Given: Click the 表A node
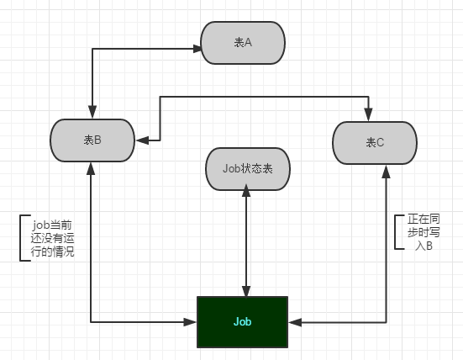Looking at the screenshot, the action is pos(243,43).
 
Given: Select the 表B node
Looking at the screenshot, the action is pos(92,140).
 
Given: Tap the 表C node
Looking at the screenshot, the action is pos(375,143).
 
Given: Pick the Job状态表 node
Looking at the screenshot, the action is pos(248,169).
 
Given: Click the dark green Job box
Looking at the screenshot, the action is pos(243,322).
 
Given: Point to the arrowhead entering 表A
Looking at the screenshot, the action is pos(197,49).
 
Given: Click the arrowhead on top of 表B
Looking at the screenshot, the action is pos(92,112).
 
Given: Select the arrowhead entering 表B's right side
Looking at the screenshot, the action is pos(142,140).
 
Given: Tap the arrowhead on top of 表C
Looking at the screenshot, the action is pos(368,114).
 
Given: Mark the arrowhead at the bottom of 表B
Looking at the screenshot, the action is pos(91,168).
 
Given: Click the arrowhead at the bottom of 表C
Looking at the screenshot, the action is pos(386,172).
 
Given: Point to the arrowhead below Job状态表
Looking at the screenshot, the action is pos(246,190).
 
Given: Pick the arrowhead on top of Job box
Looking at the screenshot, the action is pos(246,291).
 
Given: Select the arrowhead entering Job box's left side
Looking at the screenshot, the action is pos(190,322).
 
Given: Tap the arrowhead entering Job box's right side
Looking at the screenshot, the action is pos(295,322).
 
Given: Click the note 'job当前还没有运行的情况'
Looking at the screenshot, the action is pos(52,238).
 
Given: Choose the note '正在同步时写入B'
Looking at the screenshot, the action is pos(424,232).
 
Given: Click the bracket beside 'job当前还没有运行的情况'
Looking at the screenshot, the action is pos(20,238).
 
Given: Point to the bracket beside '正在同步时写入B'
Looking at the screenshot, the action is pos(396,232).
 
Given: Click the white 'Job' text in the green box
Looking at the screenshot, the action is pos(243,321).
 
